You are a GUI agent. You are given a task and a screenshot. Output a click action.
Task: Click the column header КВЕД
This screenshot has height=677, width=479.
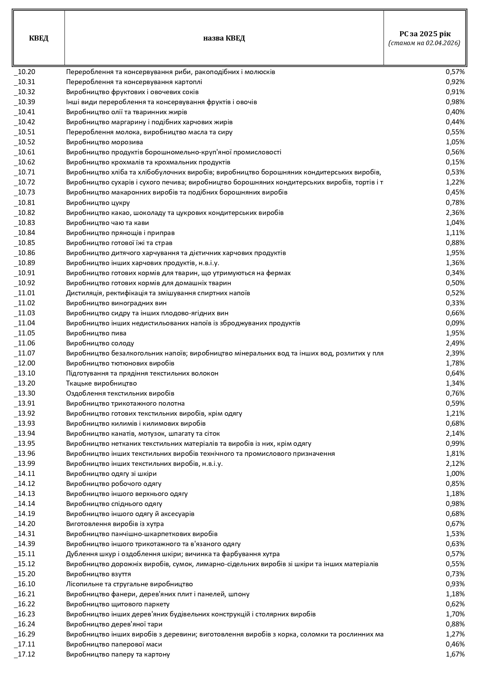pyautogui.click(x=39, y=38)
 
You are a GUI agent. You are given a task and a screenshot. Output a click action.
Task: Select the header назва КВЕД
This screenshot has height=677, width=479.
pyautogui.click(x=224, y=38)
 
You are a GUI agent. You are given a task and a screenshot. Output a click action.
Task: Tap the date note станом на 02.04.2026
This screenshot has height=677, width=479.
pyautogui.click(x=425, y=43)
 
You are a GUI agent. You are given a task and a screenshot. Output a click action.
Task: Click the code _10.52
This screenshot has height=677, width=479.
pyautogui.click(x=25, y=142)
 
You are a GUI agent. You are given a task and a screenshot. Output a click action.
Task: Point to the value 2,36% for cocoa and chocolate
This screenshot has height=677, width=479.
pyautogui.click(x=455, y=213)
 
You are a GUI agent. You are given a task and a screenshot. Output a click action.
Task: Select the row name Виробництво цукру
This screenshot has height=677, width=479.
pyautogui.click(x=98, y=203)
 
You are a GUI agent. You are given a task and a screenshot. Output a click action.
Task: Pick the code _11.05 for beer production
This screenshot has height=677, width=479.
pyautogui.click(x=25, y=333)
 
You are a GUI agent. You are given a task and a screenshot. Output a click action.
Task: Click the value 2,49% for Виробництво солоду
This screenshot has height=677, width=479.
pyautogui.click(x=455, y=343)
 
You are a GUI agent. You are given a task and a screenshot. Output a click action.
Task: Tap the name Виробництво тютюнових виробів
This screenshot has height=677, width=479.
pyautogui.click(x=120, y=363)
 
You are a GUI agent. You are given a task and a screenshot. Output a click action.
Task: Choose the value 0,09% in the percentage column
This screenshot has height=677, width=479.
pyautogui.click(x=455, y=323)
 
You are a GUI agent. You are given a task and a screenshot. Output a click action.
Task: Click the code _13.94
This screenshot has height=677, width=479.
pyautogui.click(x=25, y=433)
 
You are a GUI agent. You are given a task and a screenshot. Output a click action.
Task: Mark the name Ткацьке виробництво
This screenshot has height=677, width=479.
pyautogui.click(x=102, y=383)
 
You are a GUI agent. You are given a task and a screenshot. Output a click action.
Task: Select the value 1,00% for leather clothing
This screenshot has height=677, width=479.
pyautogui.click(x=455, y=474)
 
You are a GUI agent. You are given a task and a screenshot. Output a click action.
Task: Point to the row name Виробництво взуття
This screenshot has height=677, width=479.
pyautogui.click(x=99, y=574)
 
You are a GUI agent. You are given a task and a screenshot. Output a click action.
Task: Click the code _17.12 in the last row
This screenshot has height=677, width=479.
pyautogui.click(x=25, y=654)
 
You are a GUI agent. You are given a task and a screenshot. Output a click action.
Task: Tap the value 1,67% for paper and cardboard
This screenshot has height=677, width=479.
pyautogui.click(x=455, y=654)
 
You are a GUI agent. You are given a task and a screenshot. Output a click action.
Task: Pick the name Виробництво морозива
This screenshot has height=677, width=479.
pyautogui.click(x=104, y=142)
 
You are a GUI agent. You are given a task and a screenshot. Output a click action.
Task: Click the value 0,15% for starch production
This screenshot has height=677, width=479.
pyautogui.click(x=455, y=162)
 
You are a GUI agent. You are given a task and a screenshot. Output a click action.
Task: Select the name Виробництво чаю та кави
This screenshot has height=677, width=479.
pyautogui.click(x=107, y=223)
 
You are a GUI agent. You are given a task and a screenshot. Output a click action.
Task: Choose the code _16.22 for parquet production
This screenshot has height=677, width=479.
pyautogui.click(x=25, y=604)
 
